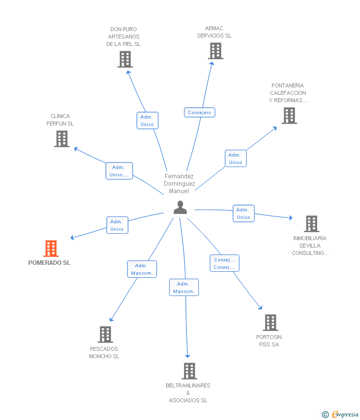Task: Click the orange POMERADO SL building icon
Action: [x=51, y=249]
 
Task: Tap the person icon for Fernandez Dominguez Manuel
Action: [x=180, y=208]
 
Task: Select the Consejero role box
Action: [x=199, y=113]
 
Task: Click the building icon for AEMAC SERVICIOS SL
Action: [x=215, y=51]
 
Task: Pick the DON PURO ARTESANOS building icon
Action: [x=125, y=59]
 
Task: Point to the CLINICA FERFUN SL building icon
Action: [x=62, y=139]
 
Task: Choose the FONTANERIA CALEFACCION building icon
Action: [x=289, y=116]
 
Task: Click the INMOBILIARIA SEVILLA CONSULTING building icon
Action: [x=311, y=224]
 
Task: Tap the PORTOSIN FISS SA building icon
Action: [x=270, y=323]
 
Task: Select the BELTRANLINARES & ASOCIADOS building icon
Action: [x=189, y=371]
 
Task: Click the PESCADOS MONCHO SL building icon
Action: [x=105, y=335]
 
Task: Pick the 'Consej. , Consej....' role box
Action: [x=225, y=263]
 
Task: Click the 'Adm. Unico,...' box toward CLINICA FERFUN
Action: [x=119, y=171]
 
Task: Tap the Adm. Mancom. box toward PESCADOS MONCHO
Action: [x=142, y=269]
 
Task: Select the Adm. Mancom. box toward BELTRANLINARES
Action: [x=184, y=288]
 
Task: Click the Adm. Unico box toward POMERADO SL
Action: [x=117, y=225]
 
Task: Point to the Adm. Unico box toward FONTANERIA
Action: [x=235, y=159]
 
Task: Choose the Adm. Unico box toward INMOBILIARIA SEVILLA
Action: [x=243, y=213]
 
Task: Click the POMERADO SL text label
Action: [x=49, y=263]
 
